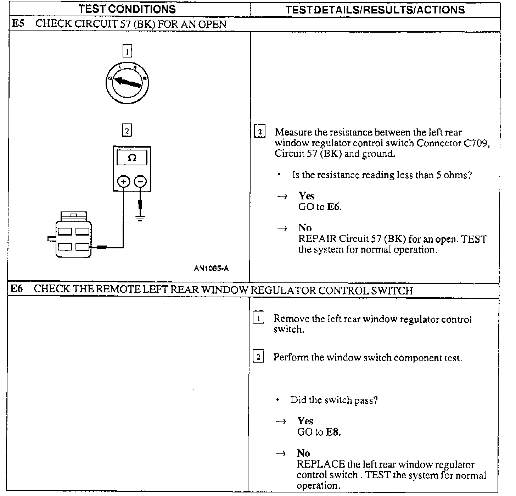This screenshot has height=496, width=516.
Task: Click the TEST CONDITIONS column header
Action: point(127,9)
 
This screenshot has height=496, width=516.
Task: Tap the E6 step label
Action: point(16,289)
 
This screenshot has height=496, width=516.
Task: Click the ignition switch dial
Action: point(127,83)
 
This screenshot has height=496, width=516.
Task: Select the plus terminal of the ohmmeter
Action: point(123,182)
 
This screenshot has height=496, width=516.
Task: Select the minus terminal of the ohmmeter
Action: point(140,182)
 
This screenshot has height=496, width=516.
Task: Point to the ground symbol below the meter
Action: point(140,217)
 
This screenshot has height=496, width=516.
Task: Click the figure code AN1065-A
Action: point(211,269)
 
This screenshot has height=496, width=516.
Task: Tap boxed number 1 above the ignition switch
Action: point(127,51)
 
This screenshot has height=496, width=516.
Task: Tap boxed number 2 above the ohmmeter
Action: point(127,131)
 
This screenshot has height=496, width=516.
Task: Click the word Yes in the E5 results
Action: point(306,196)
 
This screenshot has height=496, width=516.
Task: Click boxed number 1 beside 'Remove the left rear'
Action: point(258,318)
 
